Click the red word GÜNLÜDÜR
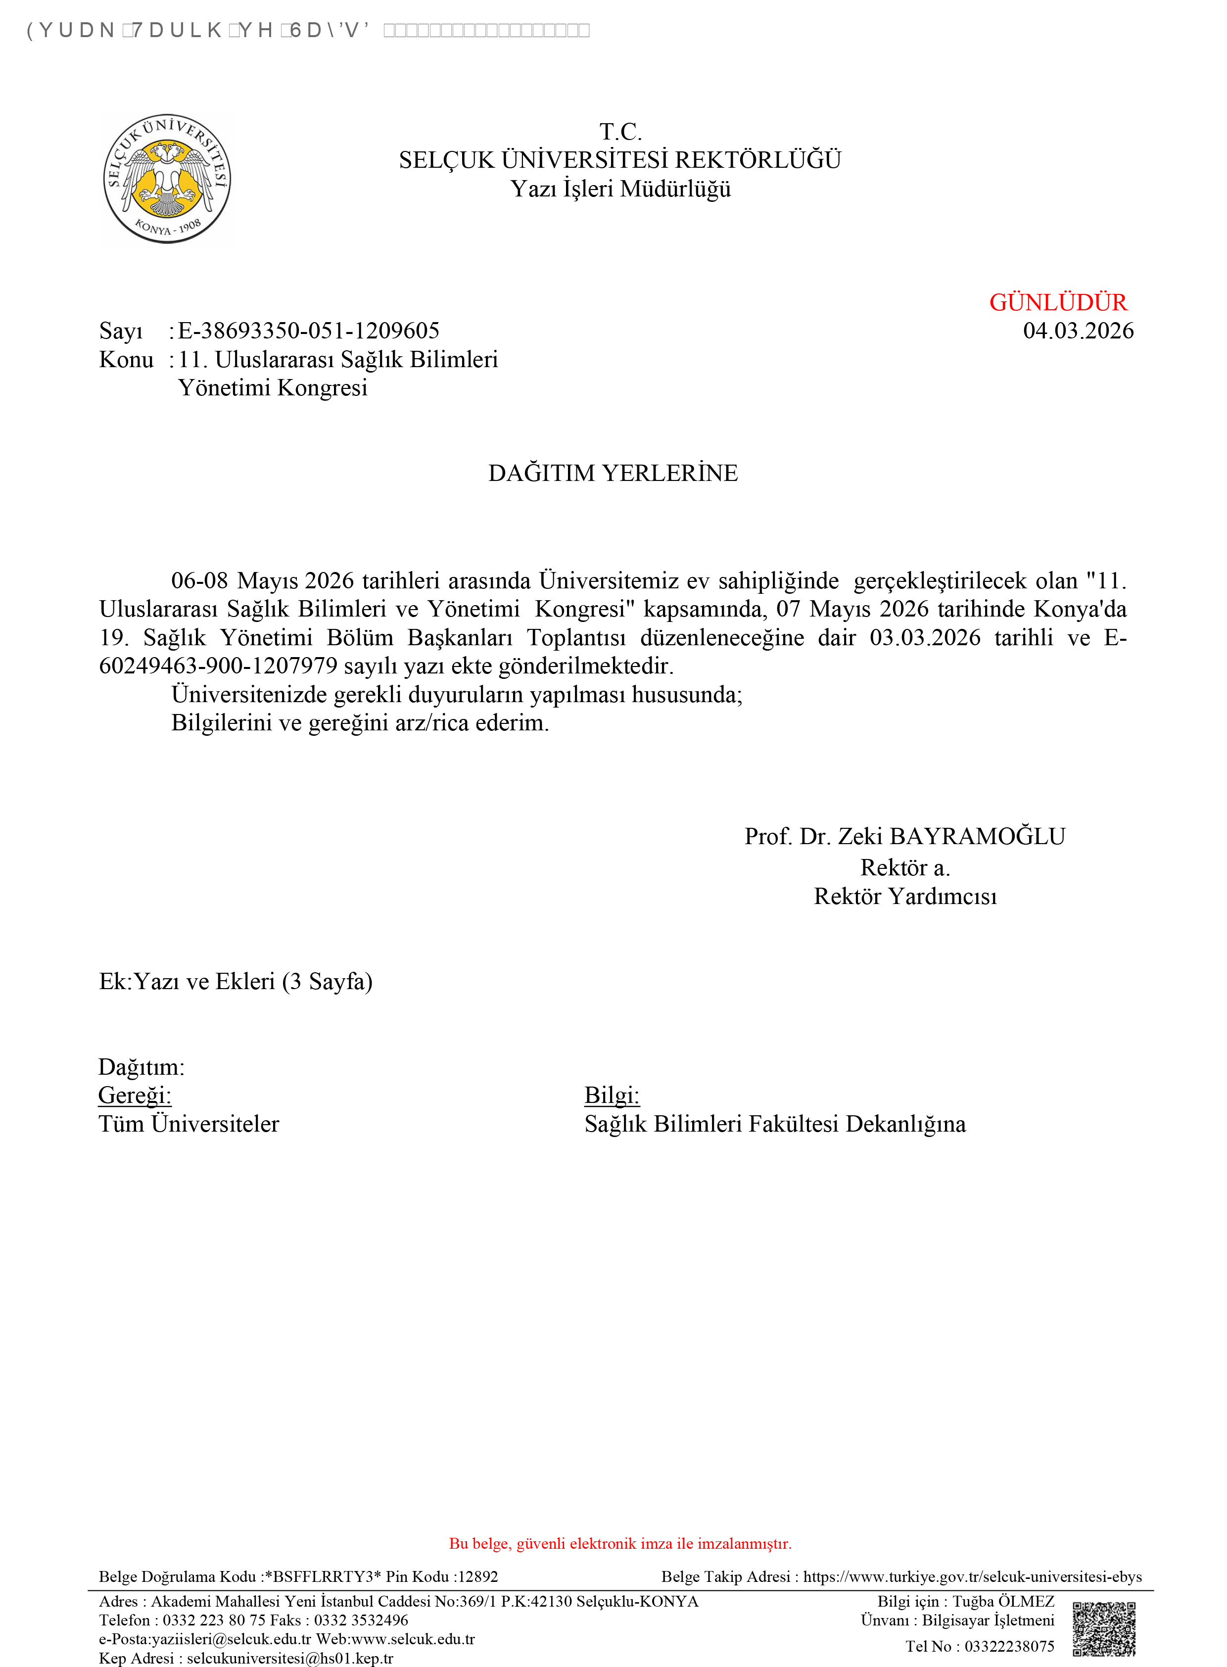(1058, 302)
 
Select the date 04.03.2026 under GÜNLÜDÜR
(1078, 331)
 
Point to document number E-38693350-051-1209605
(308, 331)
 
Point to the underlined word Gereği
(135, 1095)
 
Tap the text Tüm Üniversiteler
(189, 1124)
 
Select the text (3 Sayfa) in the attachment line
(327, 982)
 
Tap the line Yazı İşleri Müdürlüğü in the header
(620, 190)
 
